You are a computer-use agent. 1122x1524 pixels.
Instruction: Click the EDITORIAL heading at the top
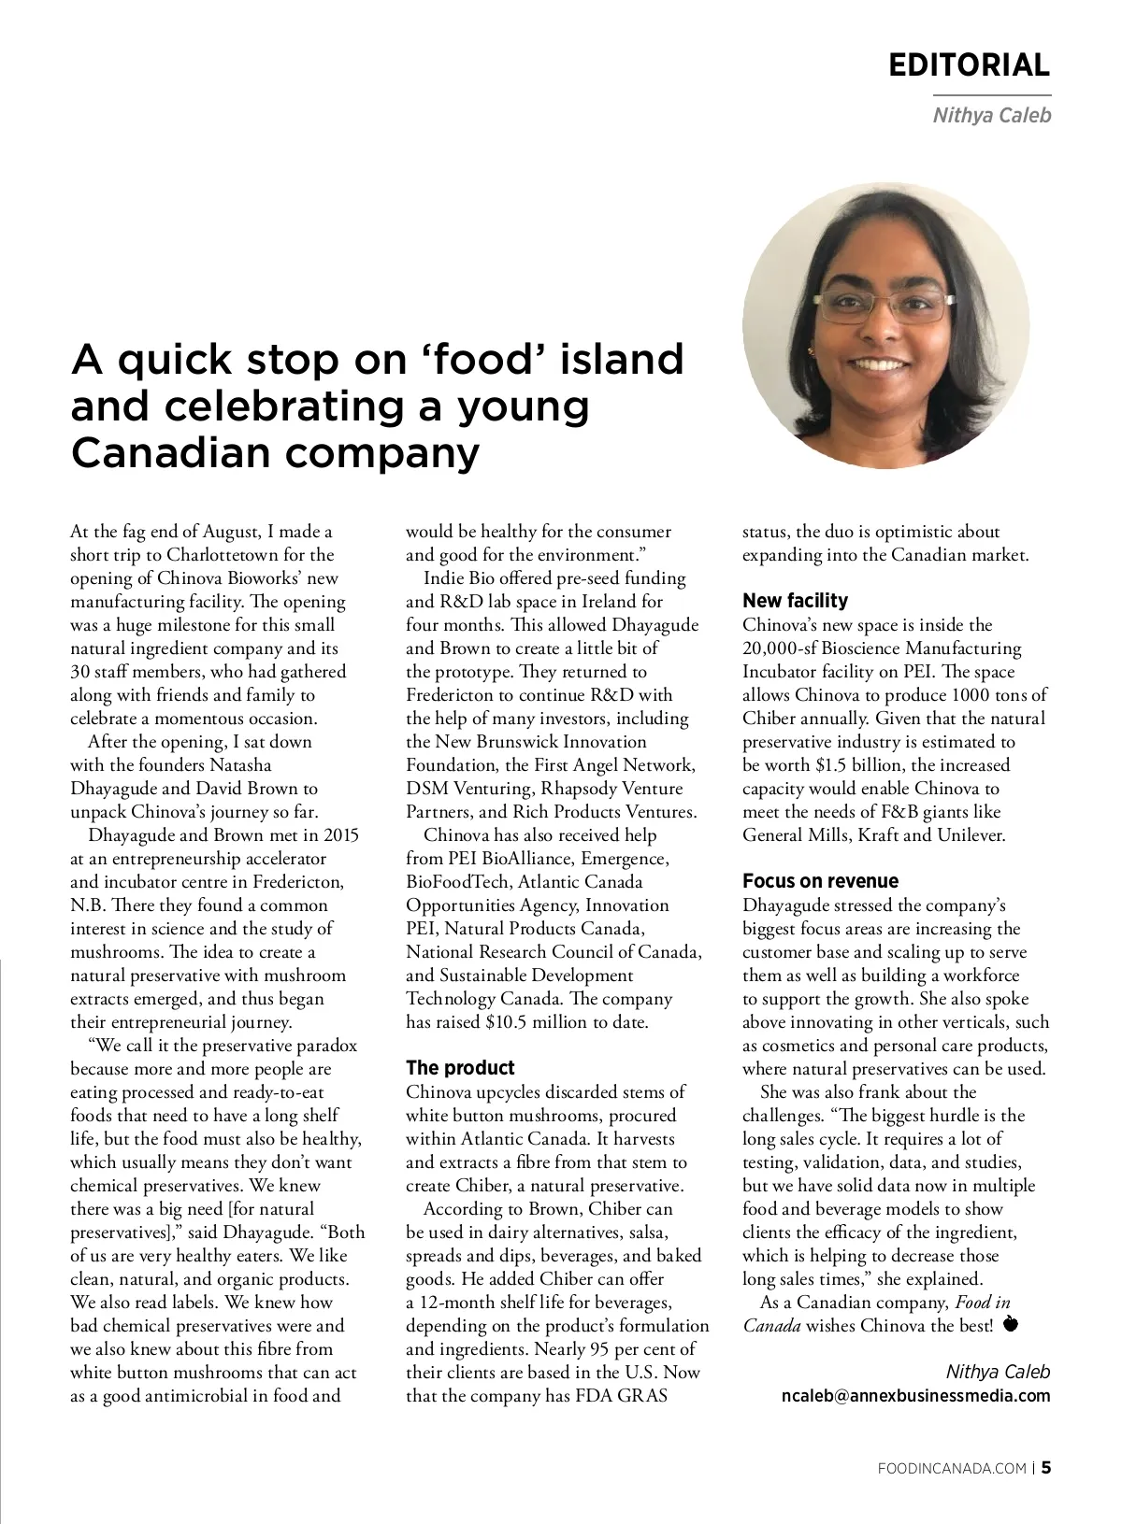pos(969,64)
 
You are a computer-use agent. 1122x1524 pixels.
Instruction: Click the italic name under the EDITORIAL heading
pos(991,116)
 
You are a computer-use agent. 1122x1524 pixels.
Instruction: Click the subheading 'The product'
pos(460,1067)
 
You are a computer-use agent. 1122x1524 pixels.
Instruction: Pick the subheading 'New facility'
pos(795,600)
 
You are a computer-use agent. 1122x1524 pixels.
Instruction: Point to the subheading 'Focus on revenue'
pos(820,880)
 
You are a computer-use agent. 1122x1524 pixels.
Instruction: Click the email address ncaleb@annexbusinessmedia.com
pos(915,1395)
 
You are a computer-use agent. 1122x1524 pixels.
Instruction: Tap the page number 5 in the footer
pos(1046,1467)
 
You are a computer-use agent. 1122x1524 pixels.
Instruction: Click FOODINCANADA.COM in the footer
pos(953,1468)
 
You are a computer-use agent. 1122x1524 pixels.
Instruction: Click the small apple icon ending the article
pos(1010,1324)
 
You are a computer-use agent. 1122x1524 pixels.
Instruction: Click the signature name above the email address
pos(998,1372)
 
